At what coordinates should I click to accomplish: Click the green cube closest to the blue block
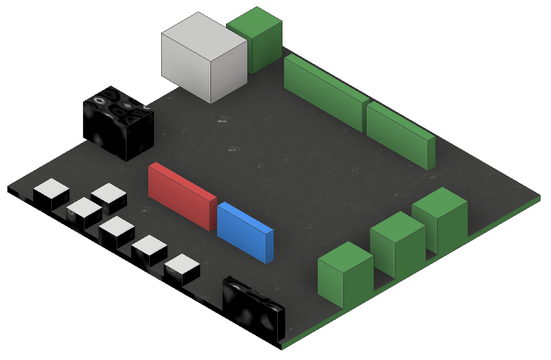(x=345, y=275)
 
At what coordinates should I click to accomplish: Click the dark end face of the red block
(x=213, y=214)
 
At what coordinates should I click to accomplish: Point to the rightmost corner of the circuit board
(x=539, y=197)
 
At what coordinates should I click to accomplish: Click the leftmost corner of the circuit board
(x=9, y=188)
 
